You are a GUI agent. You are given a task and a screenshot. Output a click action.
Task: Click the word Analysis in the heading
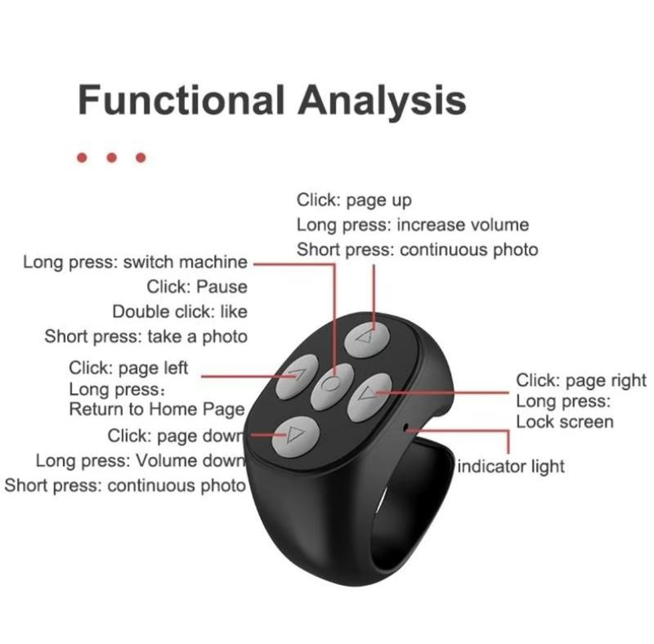pos(382,101)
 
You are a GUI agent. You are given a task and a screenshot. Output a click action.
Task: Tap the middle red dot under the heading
pos(111,158)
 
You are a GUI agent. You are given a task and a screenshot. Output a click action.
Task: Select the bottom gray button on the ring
pos(296,436)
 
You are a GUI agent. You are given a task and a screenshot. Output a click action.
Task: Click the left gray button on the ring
pos(297,377)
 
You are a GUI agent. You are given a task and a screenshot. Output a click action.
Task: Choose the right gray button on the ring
pos(370,394)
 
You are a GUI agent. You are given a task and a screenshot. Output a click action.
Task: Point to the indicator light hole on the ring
pos(405,427)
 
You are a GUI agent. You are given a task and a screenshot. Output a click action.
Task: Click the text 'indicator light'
pos(510,467)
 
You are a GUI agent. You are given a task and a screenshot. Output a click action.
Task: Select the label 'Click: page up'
pos(354,200)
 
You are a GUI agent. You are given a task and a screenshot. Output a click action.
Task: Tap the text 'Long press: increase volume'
pos(413,226)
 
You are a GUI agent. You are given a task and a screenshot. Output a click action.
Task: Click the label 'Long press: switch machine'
pos(135,262)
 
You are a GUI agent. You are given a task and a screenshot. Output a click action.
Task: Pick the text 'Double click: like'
pos(180,311)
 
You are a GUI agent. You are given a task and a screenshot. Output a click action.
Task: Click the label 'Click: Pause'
pos(197,287)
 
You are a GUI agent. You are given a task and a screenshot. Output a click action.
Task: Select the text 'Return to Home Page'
pos(157,409)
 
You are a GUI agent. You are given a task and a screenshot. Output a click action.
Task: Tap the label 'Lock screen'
pos(565,422)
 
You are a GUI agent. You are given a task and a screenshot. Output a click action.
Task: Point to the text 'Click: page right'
pos(581,380)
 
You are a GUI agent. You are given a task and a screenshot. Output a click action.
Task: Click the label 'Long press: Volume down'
pos(140,461)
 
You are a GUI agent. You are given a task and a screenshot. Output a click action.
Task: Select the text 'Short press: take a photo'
pos(146,337)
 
